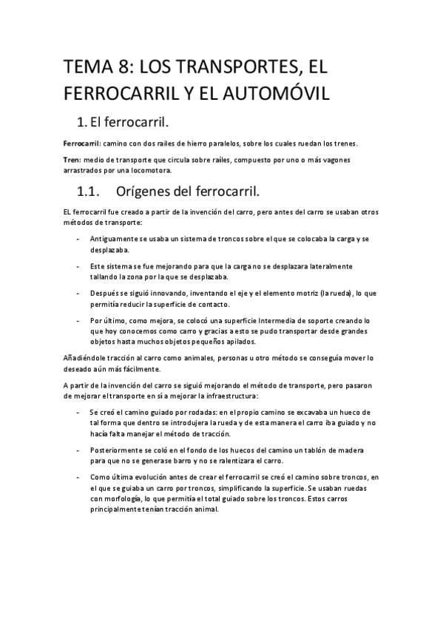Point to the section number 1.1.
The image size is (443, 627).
[92, 192]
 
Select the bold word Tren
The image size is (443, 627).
[72, 160]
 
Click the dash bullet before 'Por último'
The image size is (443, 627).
[77, 322]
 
